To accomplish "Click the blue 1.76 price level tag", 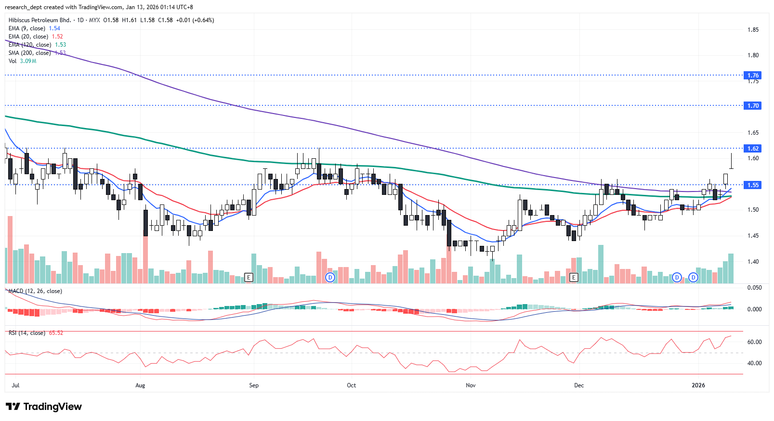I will (x=753, y=75).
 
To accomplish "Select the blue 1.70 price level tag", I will (x=753, y=105).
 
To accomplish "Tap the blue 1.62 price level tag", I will (x=753, y=148).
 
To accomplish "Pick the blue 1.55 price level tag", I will (x=753, y=185).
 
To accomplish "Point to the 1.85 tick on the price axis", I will (x=753, y=30).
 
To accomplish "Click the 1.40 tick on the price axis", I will (x=753, y=262).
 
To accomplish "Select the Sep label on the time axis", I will (x=254, y=385).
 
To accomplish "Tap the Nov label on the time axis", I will (x=471, y=385).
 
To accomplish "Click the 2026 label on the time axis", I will (x=698, y=385).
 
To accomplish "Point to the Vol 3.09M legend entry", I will (x=22, y=61).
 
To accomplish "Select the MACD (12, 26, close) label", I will (x=35, y=291).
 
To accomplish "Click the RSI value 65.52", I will (x=56, y=333).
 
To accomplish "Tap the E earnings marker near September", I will (x=249, y=277).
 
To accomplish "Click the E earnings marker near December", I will (x=574, y=277).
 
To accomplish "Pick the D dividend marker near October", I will (x=330, y=277).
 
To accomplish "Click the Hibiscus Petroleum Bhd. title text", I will (x=39, y=20).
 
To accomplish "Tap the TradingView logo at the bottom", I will (x=44, y=407).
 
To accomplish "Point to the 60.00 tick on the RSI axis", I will (x=754, y=342).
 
